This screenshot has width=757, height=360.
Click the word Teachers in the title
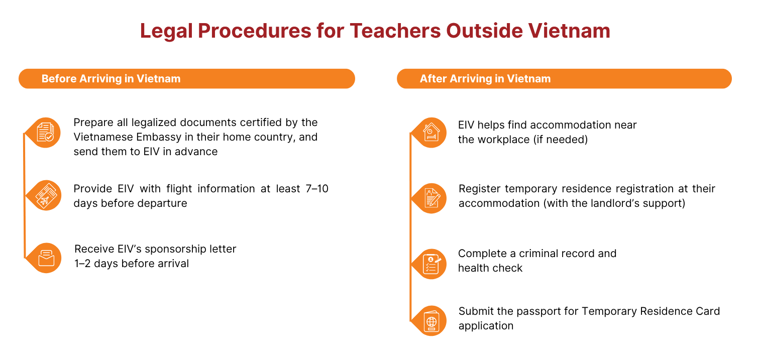(395, 31)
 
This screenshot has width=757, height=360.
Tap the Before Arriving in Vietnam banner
(187, 79)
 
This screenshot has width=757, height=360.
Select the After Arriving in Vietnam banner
(565, 79)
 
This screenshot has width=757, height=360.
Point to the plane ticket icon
(46, 195)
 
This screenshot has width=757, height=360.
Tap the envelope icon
(46, 259)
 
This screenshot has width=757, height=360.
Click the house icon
(431, 132)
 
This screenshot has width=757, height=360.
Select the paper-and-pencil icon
(432, 198)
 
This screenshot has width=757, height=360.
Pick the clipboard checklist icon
(431, 264)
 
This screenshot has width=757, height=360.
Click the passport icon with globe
(431, 321)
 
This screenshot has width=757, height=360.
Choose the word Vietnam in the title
(569, 31)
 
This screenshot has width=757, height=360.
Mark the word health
(472, 268)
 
